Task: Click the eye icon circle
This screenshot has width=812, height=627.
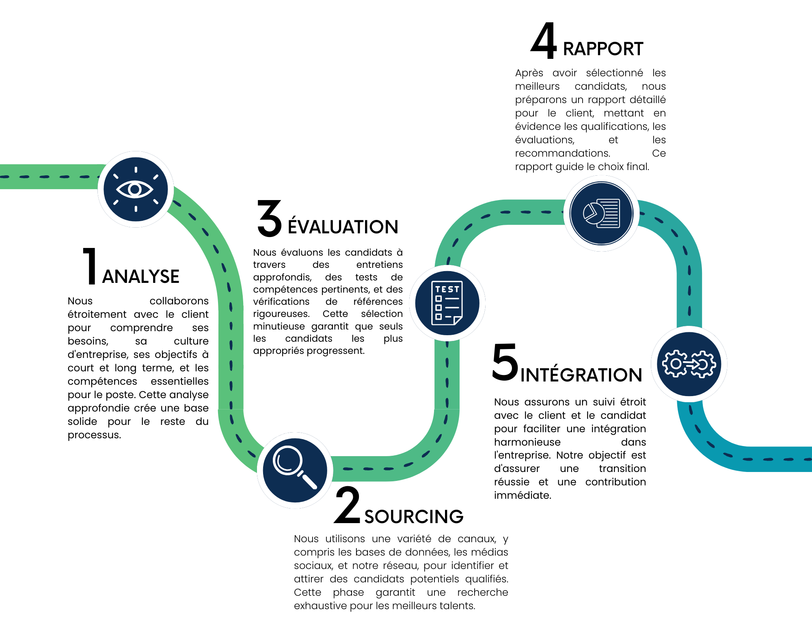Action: click(136, 189)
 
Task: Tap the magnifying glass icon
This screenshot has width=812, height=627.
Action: click(295, 470)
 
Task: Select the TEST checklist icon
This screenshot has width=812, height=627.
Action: click(447, 303)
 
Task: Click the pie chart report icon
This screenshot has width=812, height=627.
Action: click(601, 213)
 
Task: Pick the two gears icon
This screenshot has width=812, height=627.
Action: click(689, 364)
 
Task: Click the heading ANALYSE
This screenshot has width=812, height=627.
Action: click(141, 277)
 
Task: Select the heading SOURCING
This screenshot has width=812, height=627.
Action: click(414, 517)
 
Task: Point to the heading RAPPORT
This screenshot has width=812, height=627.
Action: click(603, 49)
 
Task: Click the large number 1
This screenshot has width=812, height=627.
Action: click(90, 266)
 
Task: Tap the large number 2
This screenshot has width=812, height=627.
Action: click(348, 504)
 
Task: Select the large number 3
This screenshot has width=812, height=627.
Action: click(270, 218)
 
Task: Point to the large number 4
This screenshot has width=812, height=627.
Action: click(544, 40)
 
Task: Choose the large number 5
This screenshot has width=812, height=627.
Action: click(505, 362)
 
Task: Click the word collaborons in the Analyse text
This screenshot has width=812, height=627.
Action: click(179, 301)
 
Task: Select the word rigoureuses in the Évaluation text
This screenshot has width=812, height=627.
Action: click(281, 314)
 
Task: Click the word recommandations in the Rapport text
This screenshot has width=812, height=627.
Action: click(563, 153)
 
